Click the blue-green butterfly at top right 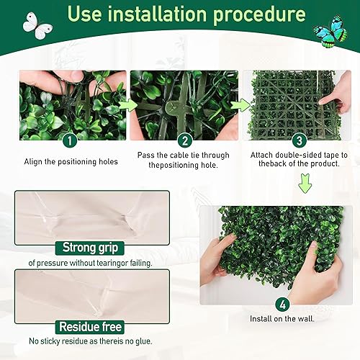[x=328, y=30]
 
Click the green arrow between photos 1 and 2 [x=128, y=105]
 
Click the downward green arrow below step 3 [x=305, y=186]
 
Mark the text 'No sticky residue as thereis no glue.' [x=91, y=342]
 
